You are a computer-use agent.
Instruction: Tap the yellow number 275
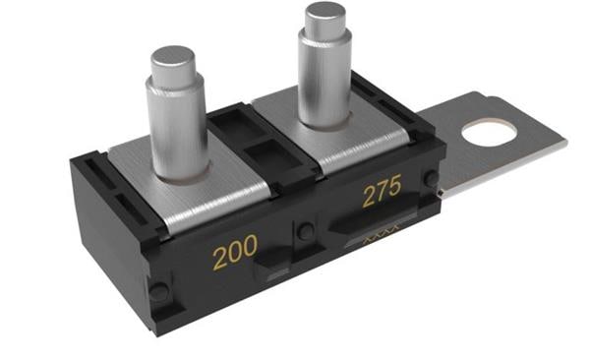click(x=382, y=191)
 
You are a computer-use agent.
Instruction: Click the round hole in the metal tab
click(x=489, y=134)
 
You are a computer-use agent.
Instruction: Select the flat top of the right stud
click(x=325, y=11)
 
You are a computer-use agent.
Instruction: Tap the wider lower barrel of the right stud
click(x=325, y=79)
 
